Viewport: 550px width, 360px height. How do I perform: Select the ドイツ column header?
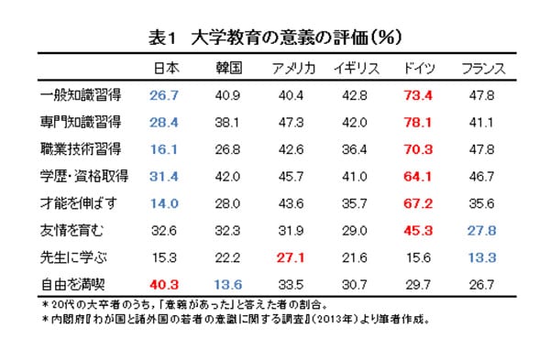418,68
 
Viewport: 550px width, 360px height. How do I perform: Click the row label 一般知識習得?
83,94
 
